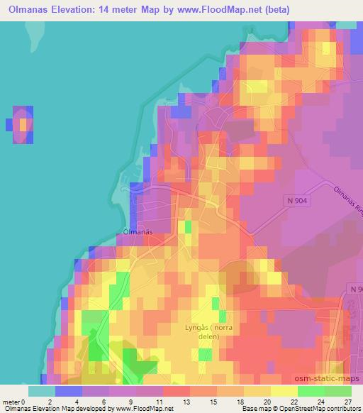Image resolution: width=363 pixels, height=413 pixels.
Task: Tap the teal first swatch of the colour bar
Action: [x=41, y=390]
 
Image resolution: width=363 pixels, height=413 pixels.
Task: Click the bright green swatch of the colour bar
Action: [x=311, y=390]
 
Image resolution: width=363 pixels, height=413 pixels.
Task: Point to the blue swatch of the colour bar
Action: [x=68, y=390]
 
